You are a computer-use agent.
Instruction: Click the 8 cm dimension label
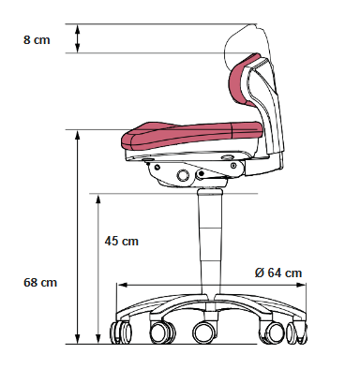tap(37, 40)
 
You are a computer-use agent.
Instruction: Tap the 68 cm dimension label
tap(40, 283)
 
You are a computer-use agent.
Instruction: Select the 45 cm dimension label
tap(122, 242)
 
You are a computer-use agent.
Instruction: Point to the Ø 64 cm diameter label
tap(278, 273)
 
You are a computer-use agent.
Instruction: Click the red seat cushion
tap(191, 134)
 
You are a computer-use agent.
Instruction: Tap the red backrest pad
tap(241, 80)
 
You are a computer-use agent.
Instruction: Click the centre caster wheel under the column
tap(204, 332)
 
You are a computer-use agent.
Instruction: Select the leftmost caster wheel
tap(121, 332)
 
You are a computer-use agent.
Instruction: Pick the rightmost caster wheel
tap(297, 332)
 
